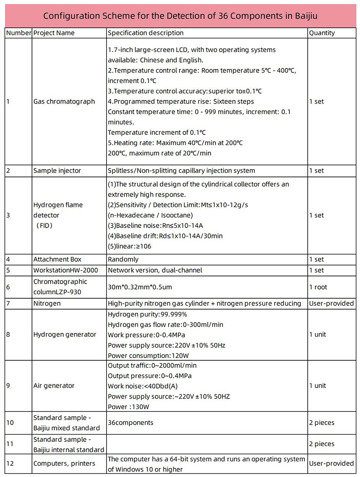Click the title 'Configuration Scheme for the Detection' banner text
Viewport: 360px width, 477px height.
[x=180, y=16]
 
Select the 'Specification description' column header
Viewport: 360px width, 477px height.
[x=145, y=33]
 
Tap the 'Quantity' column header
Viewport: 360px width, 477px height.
[x=322, y=33]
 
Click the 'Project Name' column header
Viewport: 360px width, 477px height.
[x=54, y=33]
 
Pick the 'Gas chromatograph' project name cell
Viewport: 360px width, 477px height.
[x=64, y=101]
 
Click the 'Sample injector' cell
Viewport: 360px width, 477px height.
[x=57, y=171]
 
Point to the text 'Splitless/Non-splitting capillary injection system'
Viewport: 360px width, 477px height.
[x=181, y=171]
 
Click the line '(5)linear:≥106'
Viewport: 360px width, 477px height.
[x=129, y=246]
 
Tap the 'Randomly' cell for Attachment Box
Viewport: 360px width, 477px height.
[x=123, y=259]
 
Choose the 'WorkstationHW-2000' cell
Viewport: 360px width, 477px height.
[x=66, y=270]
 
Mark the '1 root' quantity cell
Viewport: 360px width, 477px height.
[x=318, y=287]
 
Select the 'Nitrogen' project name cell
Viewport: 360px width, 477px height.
[x=46, y=304]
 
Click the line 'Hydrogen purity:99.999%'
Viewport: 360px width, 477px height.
[x=140, y=314]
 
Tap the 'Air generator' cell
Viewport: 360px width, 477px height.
[x=54, y=386]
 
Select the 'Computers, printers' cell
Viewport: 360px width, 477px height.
[x=64, y=464]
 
